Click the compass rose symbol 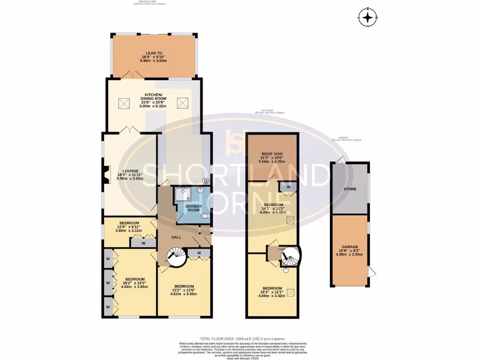point(368,18)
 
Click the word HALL point(176,238)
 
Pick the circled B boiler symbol point(205,180)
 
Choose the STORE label point(349,189)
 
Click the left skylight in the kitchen point(124,103)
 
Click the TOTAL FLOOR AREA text point(242,338)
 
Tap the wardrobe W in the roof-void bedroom point(288,187)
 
